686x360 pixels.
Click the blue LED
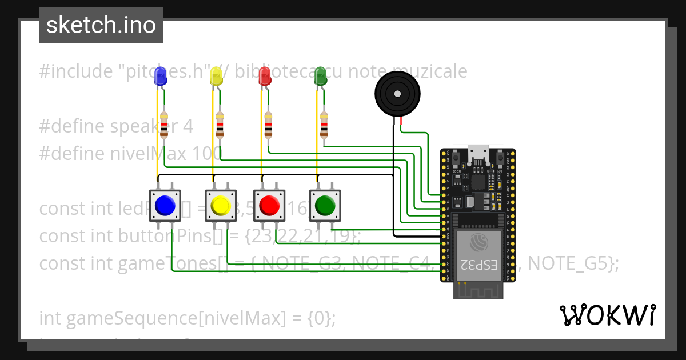coord(160,76)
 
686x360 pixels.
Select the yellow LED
coord(216,76)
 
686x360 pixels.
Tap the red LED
coord(264,76)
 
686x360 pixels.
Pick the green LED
coord(320,76)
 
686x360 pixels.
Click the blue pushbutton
coord(165,205)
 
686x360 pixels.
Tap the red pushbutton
coord(269,205)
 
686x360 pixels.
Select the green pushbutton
coord(325,205)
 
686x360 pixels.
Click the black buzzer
coord(397,93)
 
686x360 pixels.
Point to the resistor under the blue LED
coord(165,126)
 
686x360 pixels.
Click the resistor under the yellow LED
coord(220,126)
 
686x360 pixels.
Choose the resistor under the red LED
coord(269,126)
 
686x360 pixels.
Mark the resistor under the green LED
coord(324,126)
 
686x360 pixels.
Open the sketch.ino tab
coord(101,25)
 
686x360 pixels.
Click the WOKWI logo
coord(607,315)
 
